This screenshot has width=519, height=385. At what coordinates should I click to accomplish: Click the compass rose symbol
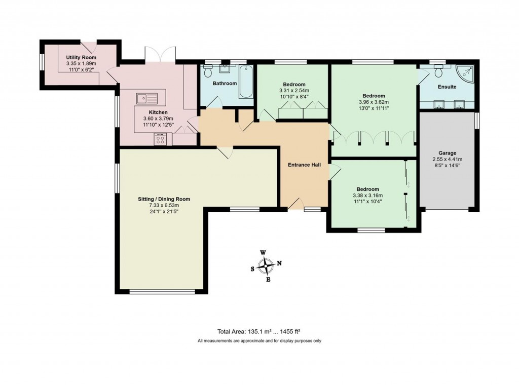coord(266,265)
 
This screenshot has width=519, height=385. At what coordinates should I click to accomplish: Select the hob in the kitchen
coord(161,138)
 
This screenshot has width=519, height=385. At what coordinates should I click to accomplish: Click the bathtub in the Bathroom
coord(246,82)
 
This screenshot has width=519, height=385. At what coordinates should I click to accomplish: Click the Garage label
coord(447,153)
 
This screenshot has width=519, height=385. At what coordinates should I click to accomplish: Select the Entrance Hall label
coord(304,165)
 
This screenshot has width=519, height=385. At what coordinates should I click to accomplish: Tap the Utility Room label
coord(81,58)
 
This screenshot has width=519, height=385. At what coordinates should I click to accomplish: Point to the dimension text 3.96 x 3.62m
coord(374,102)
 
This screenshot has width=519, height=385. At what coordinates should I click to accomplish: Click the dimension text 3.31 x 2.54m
coord(293,91)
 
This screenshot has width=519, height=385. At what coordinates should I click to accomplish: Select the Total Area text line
coord(259,331)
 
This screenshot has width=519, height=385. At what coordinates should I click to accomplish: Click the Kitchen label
coord(158,112)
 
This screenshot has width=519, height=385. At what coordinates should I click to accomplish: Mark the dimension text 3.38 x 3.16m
coord(367,196)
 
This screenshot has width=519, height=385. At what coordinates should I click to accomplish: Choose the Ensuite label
coord(447,87)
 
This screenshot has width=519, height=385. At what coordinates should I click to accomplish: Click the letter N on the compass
coord(279,263)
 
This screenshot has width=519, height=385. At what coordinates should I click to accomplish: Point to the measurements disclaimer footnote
coord(259,341)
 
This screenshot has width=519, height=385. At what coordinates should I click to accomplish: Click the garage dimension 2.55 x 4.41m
coord(447,159)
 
